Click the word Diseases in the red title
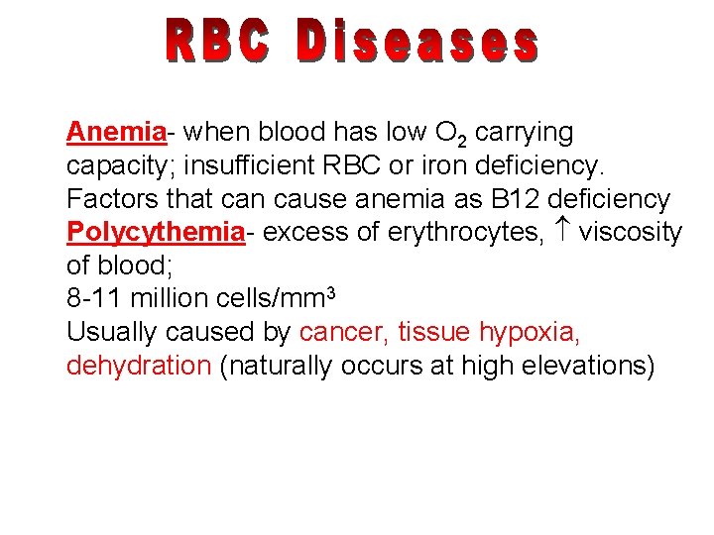417,42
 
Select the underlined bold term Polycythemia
155,233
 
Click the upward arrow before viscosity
563,232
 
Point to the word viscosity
632,233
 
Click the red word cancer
344,332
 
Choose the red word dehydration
138,366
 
